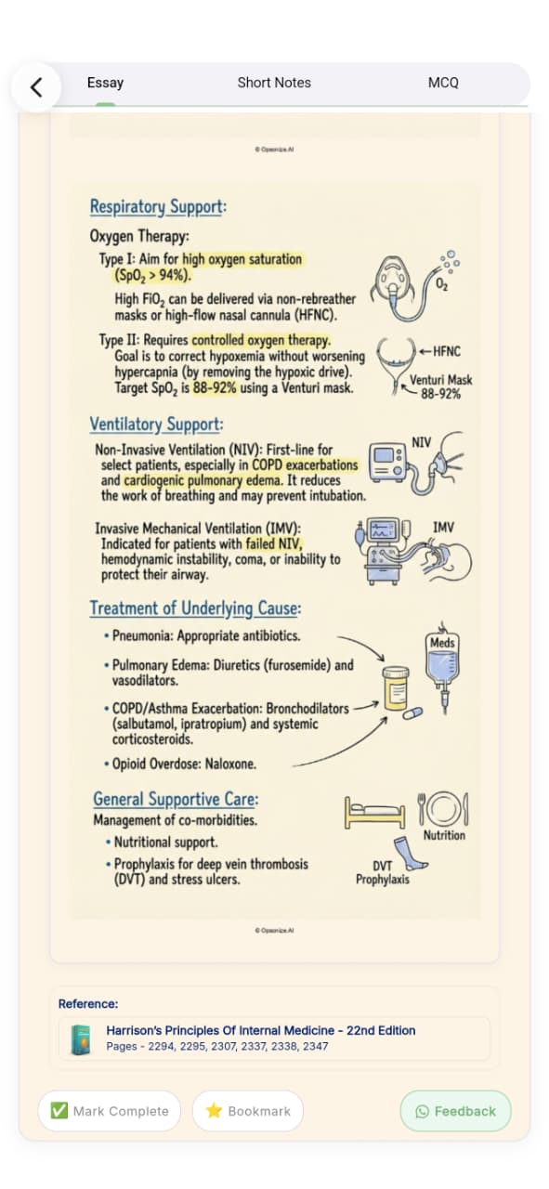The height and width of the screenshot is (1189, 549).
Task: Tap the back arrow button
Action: (36, 87)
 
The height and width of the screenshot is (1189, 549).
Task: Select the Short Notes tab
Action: (274, 83)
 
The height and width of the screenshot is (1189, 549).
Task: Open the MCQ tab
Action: (443, 83)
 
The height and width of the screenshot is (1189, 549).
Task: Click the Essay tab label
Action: (105, 83)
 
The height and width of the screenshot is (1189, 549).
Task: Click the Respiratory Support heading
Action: (158, 206)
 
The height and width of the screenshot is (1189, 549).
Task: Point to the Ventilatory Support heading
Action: (156, 425)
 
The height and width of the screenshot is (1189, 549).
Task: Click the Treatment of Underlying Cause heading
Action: (195, 608)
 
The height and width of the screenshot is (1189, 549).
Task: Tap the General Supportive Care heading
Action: (176, 799)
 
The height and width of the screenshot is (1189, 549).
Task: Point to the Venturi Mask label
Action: (440, 380)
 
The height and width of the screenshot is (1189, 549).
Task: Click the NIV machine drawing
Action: (387, 463)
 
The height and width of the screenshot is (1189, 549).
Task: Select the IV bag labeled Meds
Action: (443, 666)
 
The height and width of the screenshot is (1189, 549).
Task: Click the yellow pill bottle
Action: (396, 688)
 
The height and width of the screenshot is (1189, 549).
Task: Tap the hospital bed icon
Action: (375, 813)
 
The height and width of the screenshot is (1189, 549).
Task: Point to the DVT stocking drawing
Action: (410, 854)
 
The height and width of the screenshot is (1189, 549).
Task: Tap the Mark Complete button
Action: (110, 1110)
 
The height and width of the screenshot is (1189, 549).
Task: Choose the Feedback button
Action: (455, 1110)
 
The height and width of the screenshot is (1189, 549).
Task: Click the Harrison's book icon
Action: (81, 1039)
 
